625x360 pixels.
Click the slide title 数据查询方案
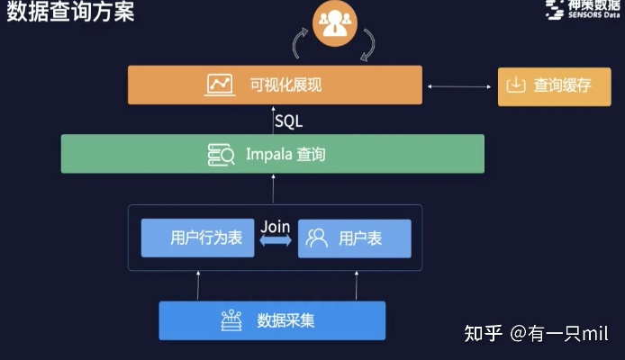[x=70, y=13]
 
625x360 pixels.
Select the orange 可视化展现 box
[x=275, y=85]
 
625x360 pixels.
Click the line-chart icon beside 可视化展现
[x=220, y=85]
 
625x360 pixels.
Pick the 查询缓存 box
[x=548, y=85]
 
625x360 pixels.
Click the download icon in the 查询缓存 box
[x=516, y=85]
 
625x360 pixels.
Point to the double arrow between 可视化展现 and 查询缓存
[x=458, y=85]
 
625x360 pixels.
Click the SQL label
[x=288, y=121]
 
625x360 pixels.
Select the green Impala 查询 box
[x=272, y=154]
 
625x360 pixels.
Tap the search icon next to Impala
[x=221, y=155]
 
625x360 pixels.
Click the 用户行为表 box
[x=197, y=238]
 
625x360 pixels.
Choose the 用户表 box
[x=354, y=238]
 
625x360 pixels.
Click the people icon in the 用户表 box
[x=316, y=238]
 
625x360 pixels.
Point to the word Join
[x=276, y=227]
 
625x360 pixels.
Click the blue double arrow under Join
[x=276, y=241]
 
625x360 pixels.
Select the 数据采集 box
[x=272, y=320]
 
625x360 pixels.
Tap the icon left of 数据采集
[x=231, y=320]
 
